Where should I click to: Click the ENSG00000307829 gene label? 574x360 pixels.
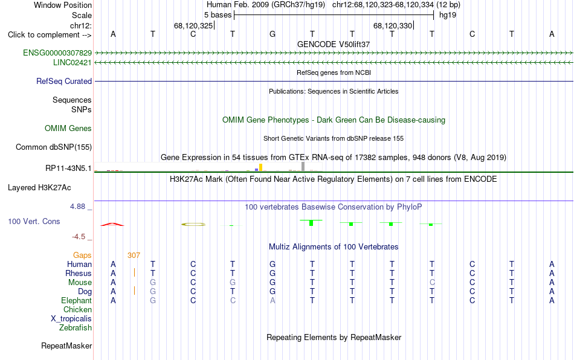pos(57,53)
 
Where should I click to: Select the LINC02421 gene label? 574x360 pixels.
pos(73,63)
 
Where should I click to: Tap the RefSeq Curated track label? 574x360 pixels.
pos(64,81)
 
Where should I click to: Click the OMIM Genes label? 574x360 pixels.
pos(68,129)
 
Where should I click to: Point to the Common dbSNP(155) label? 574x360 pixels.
pos(54,147)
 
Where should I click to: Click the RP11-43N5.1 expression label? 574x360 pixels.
pos(68,169)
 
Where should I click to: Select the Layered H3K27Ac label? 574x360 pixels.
pos(39,188)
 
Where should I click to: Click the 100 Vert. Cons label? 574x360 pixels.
pos(34,221)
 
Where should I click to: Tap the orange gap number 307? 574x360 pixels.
pos(134,256)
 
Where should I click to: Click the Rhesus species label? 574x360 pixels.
pos(79,273)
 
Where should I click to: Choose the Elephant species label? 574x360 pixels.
pos(77,300)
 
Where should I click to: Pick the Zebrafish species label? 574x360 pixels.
pos(76,328)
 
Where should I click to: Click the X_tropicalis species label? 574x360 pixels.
pos(71,319)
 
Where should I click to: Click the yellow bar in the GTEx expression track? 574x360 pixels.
pos(260,167)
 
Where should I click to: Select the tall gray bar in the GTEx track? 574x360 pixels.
pos(303,167)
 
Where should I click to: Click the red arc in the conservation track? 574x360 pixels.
pos(112,224)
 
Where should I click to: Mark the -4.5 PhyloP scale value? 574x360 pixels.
pos(79,237)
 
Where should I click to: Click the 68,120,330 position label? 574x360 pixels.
pos(393,25)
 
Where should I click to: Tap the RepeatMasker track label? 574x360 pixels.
pos(66,346)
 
